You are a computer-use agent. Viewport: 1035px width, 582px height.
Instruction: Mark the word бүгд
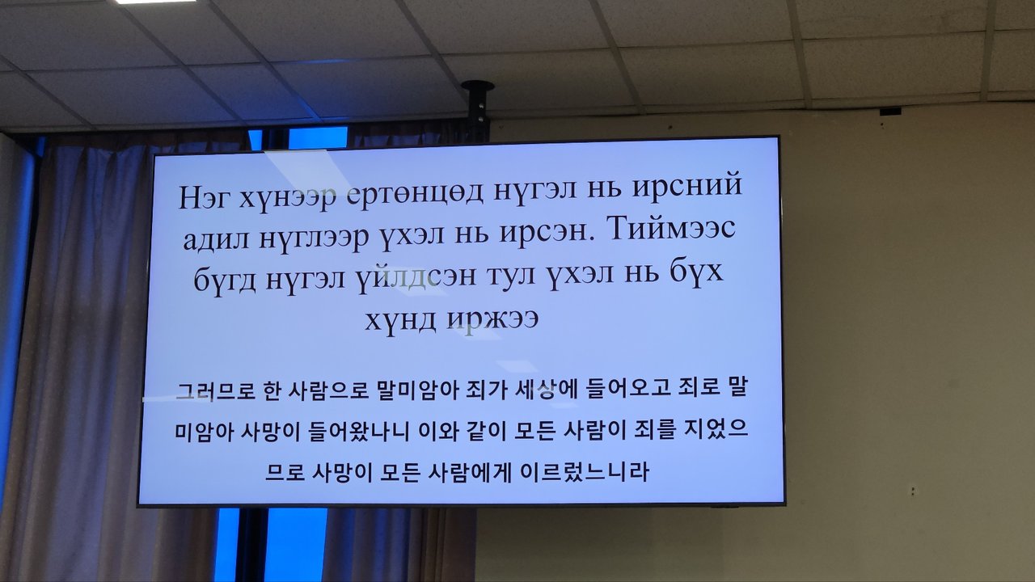coord(225,280)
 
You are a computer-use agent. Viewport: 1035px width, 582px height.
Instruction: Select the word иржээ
coord(492,319)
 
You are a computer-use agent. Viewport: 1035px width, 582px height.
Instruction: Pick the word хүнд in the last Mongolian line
coord(400,321)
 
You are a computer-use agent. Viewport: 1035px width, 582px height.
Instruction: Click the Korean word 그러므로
coord(216,390)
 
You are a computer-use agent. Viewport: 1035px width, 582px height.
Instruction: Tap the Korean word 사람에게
coord(470,473)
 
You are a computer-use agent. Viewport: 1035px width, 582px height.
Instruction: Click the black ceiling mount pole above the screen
coord(478,108)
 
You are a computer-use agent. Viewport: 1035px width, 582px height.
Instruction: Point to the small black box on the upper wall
coord(890,112)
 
